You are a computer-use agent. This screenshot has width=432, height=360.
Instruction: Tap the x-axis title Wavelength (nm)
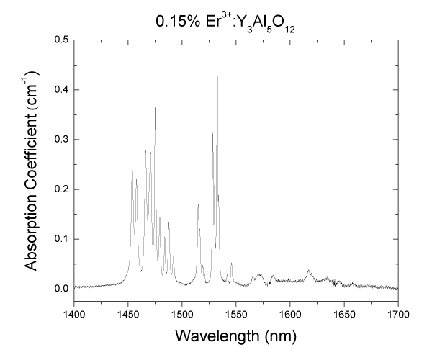[x=235, y=336]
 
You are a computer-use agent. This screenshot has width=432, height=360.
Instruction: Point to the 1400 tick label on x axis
[x=74, y=314]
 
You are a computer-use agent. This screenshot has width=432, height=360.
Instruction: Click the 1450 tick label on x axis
[x=128, y=314]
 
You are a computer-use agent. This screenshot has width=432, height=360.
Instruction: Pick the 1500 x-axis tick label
[x=182, y=314]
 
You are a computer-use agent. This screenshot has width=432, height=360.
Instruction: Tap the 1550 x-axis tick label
[x=236, y=314]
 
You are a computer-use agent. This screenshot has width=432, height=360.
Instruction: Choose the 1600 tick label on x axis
[x=290, y=314]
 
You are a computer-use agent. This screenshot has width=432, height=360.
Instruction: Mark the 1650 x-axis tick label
[x=344, y=314]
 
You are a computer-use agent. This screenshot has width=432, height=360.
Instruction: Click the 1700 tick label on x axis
[x=398, y=314]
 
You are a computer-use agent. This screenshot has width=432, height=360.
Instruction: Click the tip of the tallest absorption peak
[x=217, y=45]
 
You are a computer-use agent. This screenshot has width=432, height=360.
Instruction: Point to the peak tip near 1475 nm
[x=155, y=107]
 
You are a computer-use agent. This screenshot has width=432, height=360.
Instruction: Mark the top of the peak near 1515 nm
[x=198, y=204]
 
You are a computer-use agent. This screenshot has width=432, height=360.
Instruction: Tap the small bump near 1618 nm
[x=309, y=271]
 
